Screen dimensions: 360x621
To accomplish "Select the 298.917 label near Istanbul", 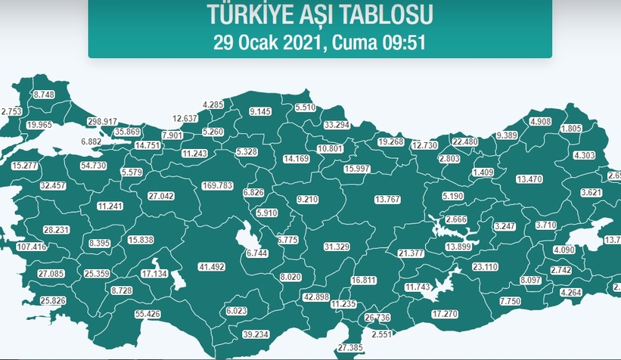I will [102, 122].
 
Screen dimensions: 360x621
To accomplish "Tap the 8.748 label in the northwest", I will [45, 95].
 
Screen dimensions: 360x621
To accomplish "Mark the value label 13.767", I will [391, 199].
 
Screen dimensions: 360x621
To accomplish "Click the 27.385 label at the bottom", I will [351, 347].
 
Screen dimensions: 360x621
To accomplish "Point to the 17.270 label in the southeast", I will [446, 313].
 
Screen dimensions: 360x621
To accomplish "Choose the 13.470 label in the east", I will [530, 179].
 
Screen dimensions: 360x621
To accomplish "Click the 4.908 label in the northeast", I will [540, 122].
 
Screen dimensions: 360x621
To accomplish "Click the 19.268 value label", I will [391, 141].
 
